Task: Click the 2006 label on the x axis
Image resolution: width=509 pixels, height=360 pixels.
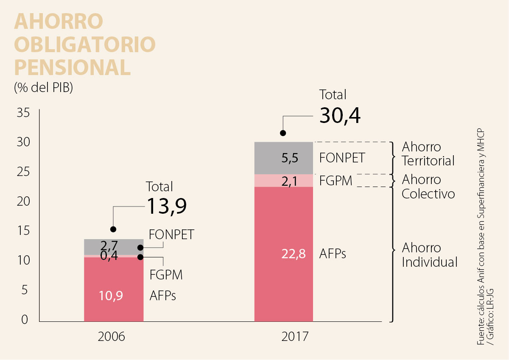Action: click(x=111, y=337)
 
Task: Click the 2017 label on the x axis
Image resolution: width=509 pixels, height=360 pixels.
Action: click(x=295, y=337)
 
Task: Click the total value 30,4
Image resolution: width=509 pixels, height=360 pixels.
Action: click(x=340, y=116)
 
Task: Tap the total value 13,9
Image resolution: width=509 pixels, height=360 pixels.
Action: click(x=167, y=207)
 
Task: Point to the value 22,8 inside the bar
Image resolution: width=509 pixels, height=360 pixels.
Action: click(x=293, y=254)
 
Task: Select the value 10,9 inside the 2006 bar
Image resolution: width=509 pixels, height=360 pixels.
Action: click(x=111, y=296)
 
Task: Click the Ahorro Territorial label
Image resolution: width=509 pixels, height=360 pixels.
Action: click(x=428, y=154)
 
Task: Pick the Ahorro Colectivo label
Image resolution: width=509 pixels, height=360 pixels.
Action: click(x=428, y=187)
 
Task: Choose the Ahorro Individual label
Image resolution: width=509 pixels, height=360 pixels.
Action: click(x=429, y=255)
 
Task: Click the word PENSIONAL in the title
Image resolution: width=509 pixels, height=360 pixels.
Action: click(x=72, y=67)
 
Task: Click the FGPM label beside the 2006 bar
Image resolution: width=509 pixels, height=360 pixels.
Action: click(x=166, y=275)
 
